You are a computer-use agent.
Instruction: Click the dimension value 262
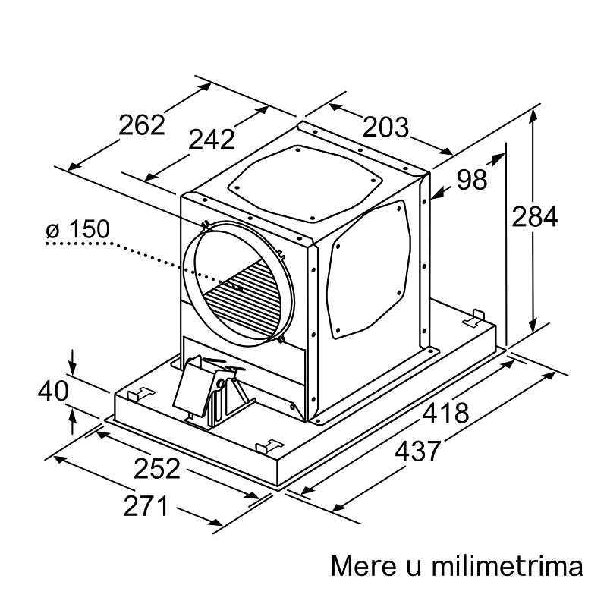coord(142,124)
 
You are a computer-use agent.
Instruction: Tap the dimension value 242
coord(212,140)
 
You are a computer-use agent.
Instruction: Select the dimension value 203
coord(385,127)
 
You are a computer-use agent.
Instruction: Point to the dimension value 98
coord(471,180)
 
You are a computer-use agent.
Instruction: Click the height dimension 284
coord(535,217)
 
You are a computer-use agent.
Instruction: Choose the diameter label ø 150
coord(78,229)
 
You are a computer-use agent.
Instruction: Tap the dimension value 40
coord(53,391)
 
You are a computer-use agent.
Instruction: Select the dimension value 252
coord(157,468)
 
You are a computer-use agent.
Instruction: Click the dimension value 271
coord(146,505)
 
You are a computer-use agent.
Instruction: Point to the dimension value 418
coord(445,413)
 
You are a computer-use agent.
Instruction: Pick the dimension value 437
coord(418,451)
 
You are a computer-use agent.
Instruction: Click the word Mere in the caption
coord(363,566)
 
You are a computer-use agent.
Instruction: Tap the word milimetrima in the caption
coord(507,566)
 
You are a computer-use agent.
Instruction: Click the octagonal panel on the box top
coord(305,184)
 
